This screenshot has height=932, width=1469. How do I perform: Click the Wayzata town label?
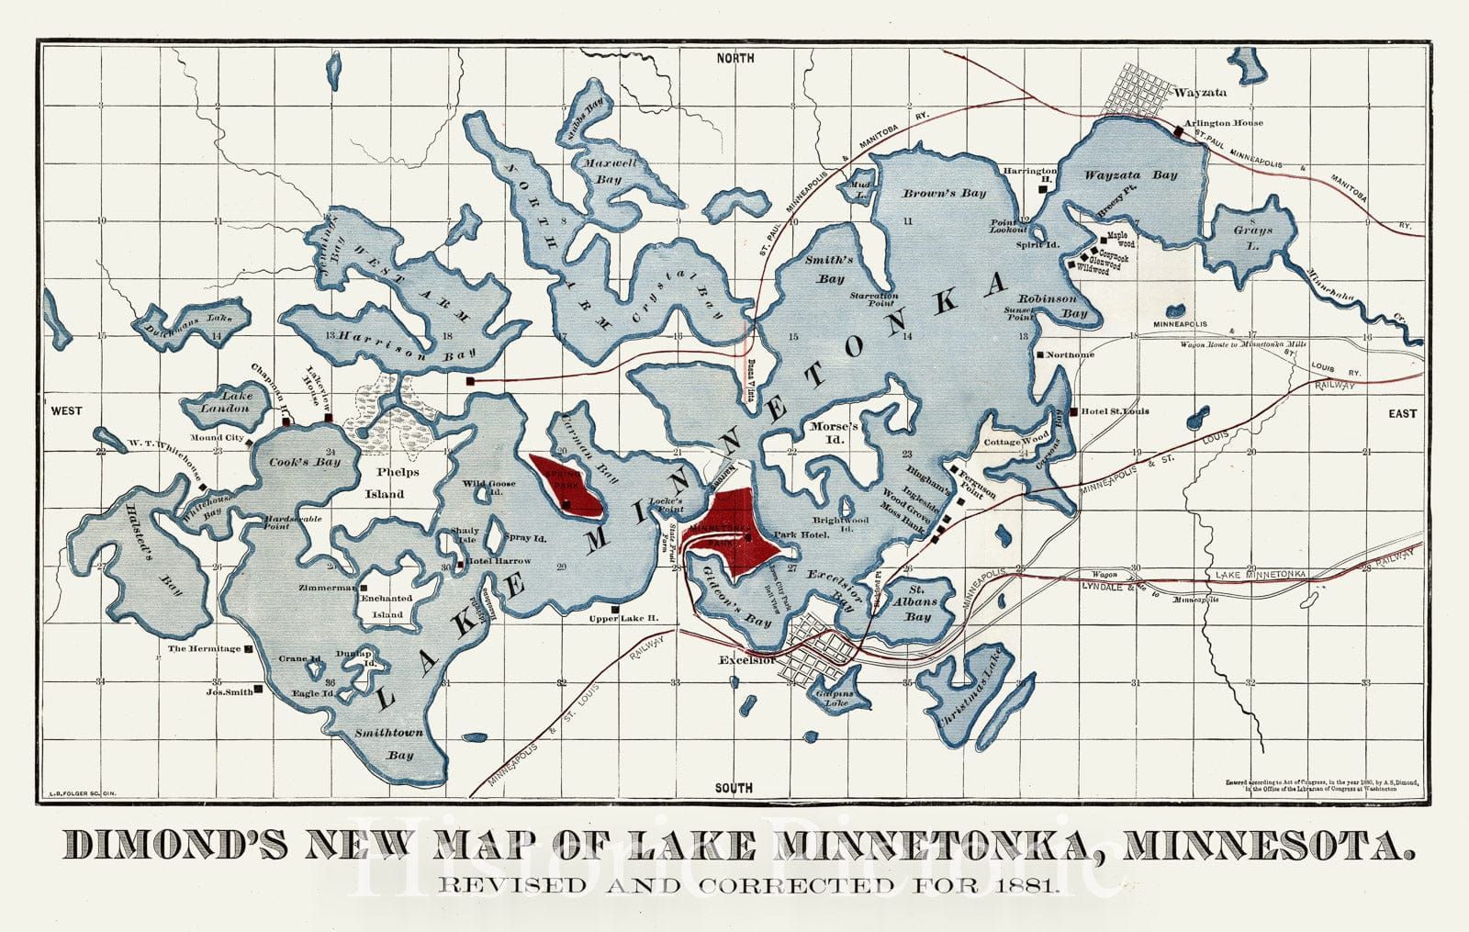coord(1199,93)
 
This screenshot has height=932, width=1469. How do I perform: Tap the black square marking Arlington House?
coord(1179,132)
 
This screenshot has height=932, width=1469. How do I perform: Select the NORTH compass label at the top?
coord(735,58)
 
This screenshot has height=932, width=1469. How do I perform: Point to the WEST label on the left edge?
coord(66,410)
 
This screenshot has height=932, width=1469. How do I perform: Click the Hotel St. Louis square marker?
coord(1072,411)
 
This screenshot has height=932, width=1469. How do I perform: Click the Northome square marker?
coord(1039,354)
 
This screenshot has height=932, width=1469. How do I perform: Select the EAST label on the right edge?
coord(1402,413)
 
